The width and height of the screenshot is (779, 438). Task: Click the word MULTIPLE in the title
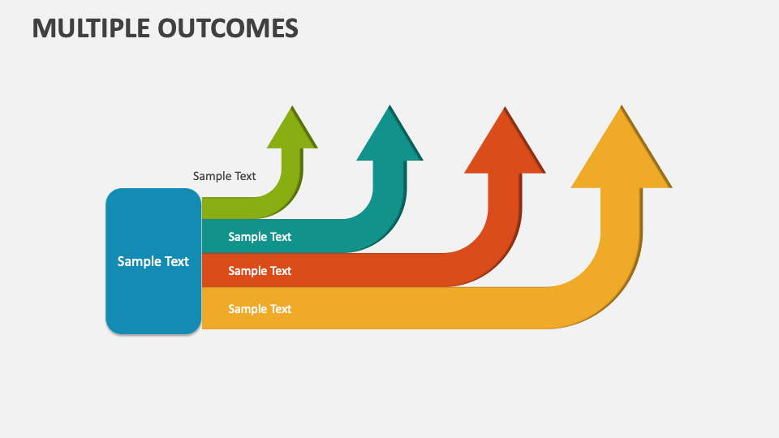pyautogui.click(x=92, y=28)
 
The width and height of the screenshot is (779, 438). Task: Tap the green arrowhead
pyautogui.click(x=292, y=131)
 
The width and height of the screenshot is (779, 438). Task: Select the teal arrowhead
pyautogui.click(x=390, y=138)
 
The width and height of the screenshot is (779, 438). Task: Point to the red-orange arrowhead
pyautogui.click(x=505, y=146)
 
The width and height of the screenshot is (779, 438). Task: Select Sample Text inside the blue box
pyautogui.click(x=153, y=261)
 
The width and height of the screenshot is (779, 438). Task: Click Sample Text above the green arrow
pyautogui.click(x=224, y=176)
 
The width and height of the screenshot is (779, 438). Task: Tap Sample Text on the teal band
pyautogui.click(x=260, y=237)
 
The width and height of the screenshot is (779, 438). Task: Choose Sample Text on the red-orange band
pyautogui.click(x=260, y=271)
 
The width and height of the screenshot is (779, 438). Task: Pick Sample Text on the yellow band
pyautogui.click(x=260, y=309)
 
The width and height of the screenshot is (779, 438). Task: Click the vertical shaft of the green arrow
pyautogui.click(x=292, y=162)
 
